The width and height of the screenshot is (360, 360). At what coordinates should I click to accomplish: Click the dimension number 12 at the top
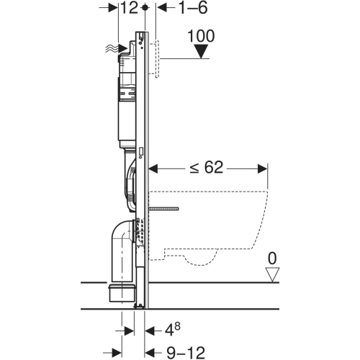(129, 8)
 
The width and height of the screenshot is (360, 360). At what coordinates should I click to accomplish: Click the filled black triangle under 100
(201, 51)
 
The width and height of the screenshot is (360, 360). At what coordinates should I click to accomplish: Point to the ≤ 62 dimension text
(207, 168)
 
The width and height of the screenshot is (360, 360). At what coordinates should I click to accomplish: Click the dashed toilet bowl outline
(216, 216)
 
